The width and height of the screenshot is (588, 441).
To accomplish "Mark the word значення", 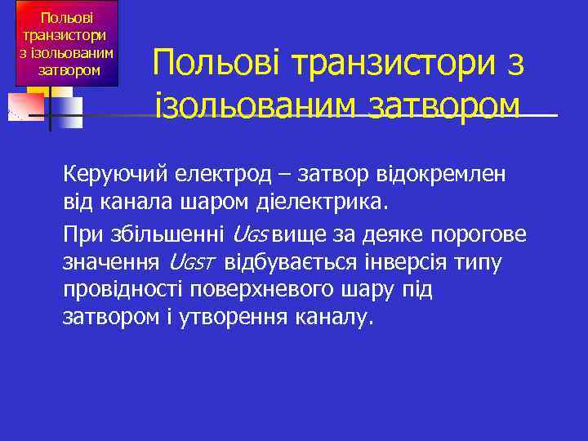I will pos(111,263).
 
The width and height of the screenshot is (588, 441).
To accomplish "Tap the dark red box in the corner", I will pos(67,44).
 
